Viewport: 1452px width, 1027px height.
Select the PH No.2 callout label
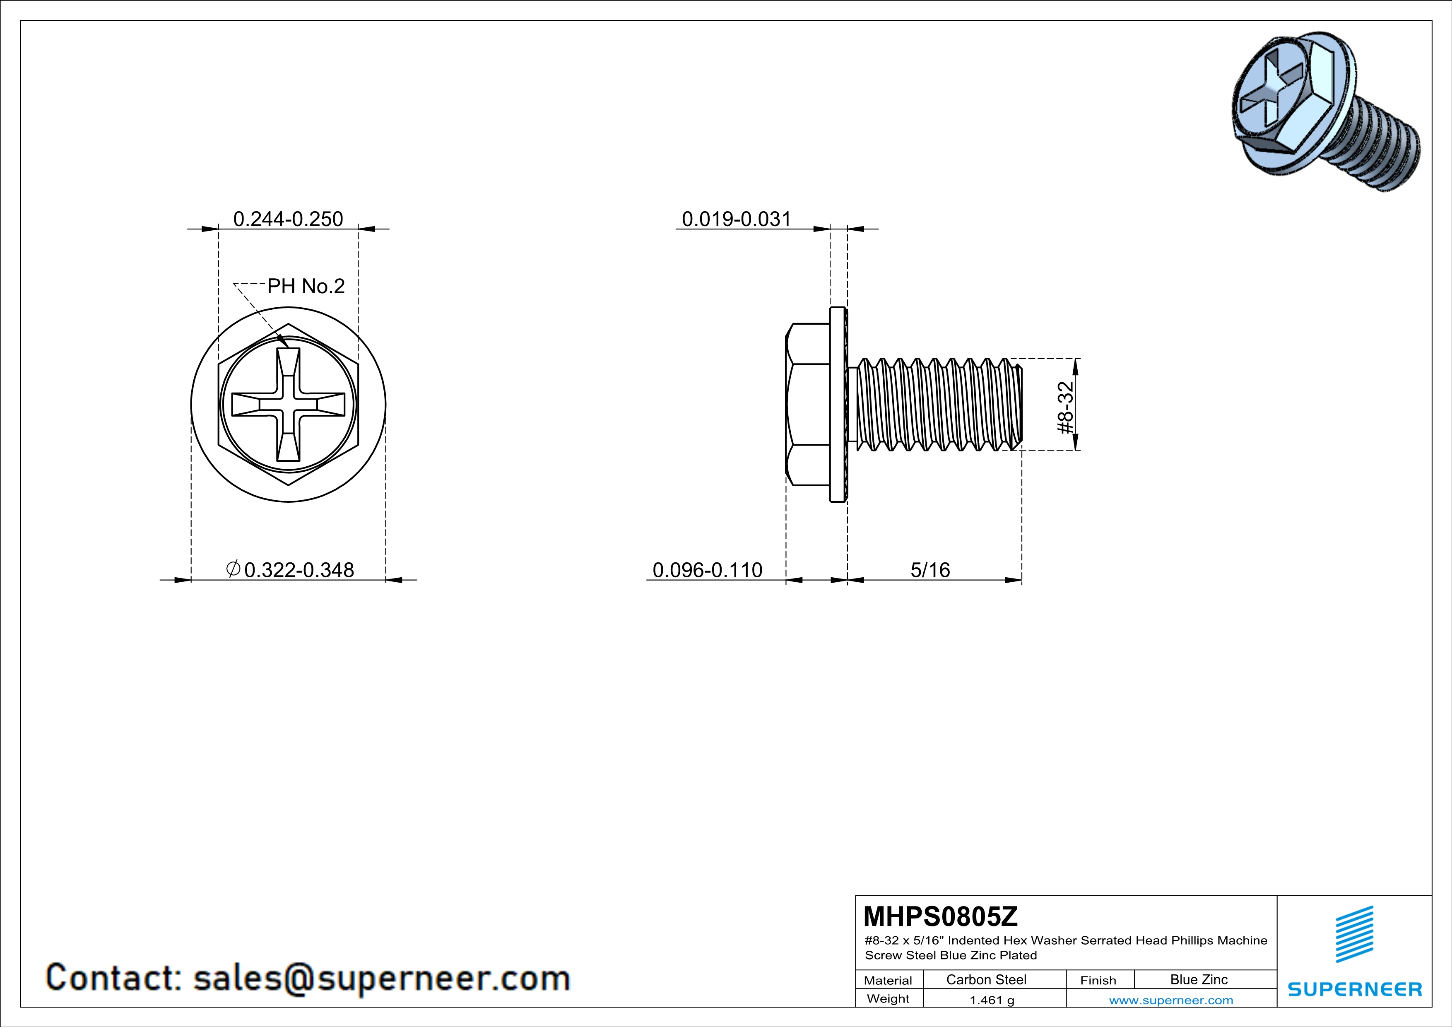306,287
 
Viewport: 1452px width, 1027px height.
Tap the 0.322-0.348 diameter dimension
291,570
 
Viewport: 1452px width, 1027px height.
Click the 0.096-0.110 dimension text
707,570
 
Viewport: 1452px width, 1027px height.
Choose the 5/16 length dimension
929,570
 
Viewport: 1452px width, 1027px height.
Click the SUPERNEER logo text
1355,989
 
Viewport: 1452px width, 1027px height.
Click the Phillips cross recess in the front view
289,405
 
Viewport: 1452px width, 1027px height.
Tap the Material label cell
888,980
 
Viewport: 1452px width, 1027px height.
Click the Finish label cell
1098,980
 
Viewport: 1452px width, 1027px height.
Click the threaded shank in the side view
936,405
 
